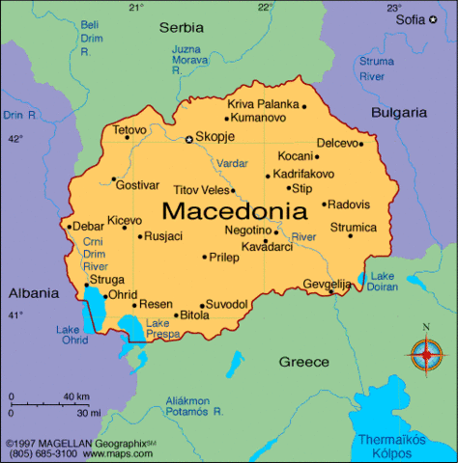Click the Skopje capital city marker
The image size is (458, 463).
(x=189, y=139)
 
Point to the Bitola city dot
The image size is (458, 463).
(x=178, y=314)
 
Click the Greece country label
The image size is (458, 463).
(x=304, y=362)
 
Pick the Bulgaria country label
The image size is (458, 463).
(x=399, y=112)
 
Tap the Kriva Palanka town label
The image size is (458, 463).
(x=263, y=103)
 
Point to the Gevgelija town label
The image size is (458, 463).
(x=327, y=284)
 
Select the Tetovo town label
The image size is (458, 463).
(x=129, y=129)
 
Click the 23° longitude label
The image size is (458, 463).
(x=393, y=8)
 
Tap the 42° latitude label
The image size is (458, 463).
(x=14, y=139)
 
